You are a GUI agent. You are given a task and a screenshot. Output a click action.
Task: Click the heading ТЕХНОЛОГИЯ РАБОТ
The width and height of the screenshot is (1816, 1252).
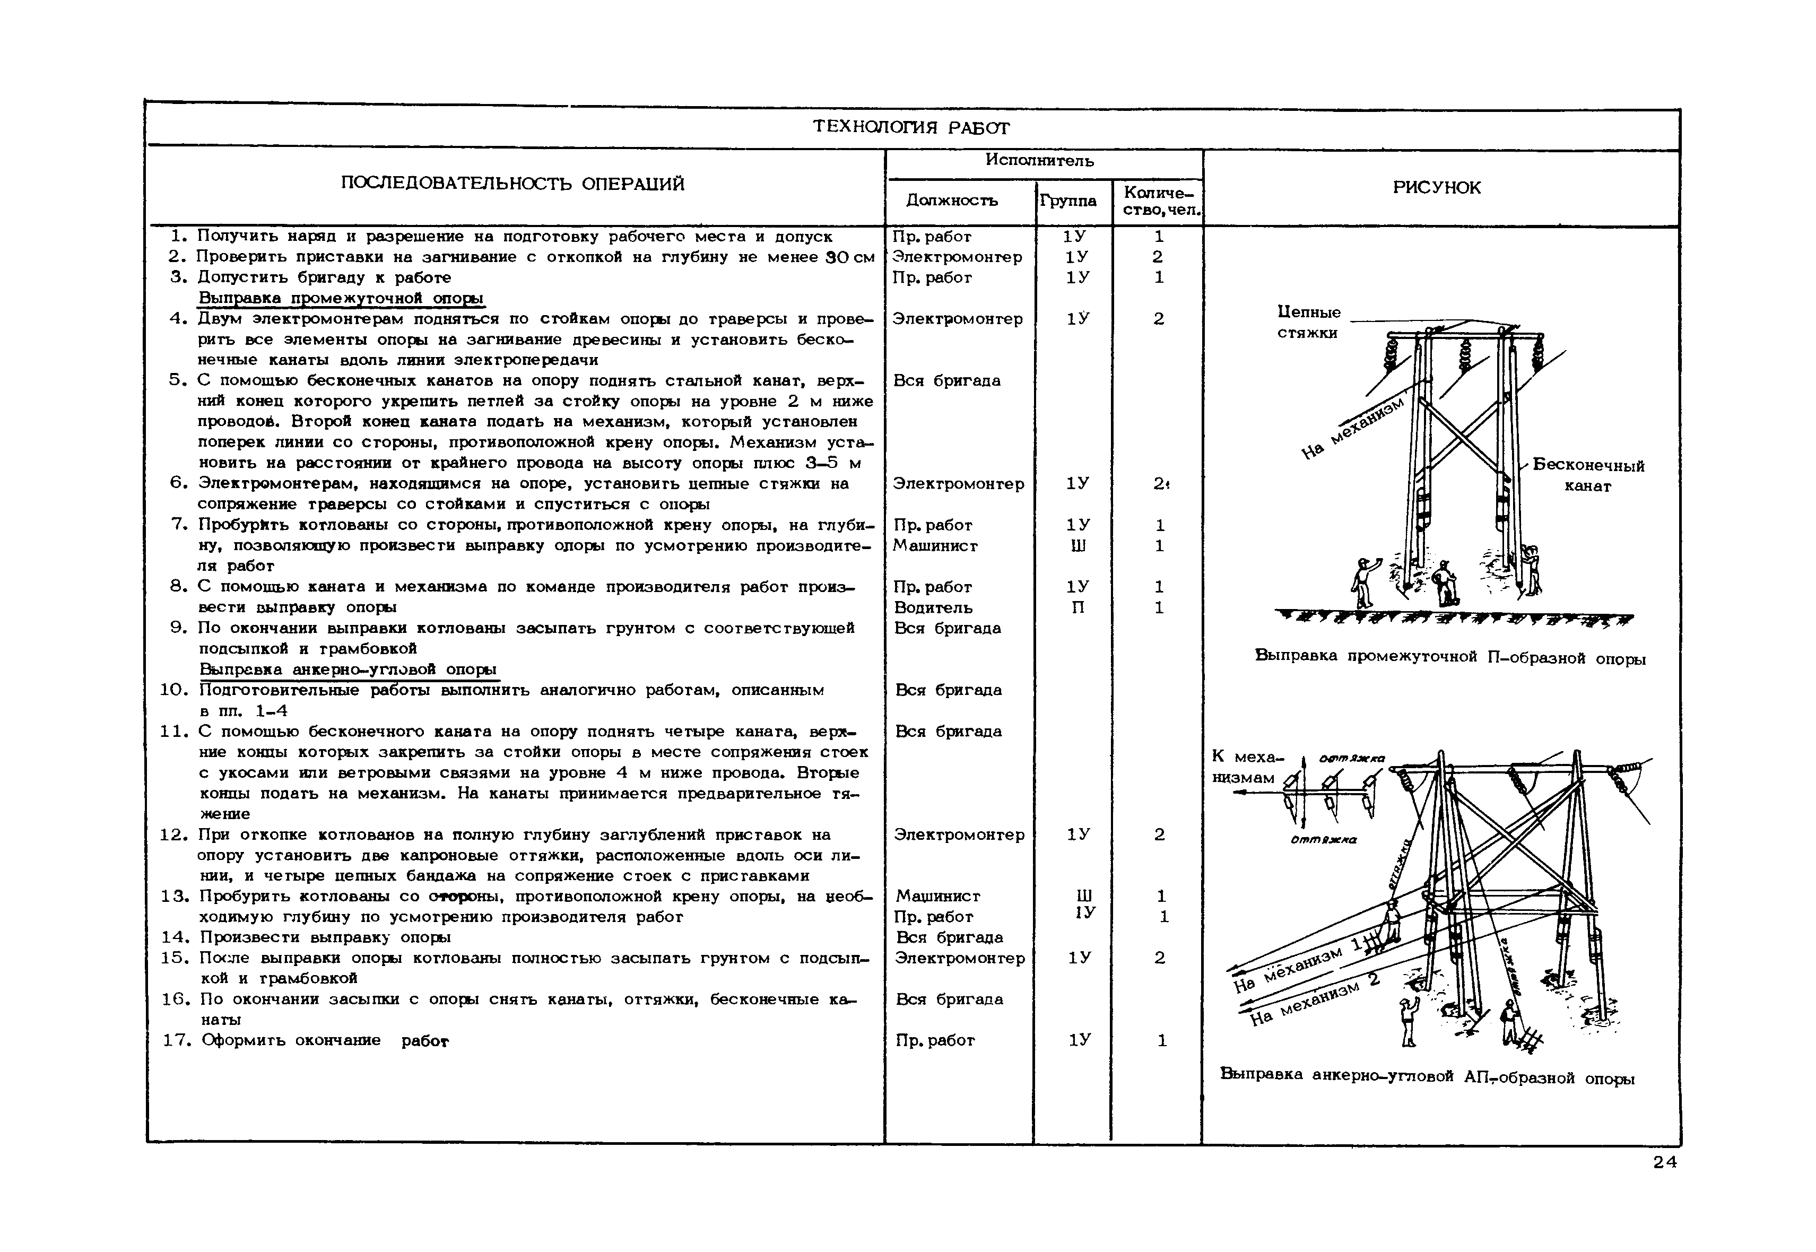tap(910, 127)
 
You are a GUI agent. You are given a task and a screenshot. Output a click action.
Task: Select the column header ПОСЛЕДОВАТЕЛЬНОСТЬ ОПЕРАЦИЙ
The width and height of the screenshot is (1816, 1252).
tap(512, 184)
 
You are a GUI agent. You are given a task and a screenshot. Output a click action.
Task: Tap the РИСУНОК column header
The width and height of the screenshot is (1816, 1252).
tap(1436, 187)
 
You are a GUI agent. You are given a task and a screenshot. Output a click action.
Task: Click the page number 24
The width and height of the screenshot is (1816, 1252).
tap(1665, 1162)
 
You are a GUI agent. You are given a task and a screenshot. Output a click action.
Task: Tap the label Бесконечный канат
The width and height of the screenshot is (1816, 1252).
tap(1588, 475)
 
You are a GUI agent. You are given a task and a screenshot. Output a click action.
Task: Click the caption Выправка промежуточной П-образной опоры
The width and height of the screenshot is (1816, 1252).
tap(1449, 657)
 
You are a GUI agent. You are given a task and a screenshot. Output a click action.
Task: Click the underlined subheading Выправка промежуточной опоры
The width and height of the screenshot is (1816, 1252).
tap(341, 298)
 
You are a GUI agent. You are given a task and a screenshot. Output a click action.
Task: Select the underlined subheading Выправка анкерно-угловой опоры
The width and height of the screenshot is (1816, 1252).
tap(347, 669)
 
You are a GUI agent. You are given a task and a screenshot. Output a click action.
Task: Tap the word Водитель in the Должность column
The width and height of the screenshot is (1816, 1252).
tap(933, 607)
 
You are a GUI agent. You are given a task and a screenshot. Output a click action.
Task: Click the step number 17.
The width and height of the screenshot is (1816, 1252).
tap(177, 1040)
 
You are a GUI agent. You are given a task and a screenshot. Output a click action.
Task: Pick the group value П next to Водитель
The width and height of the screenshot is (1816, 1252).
tap(1078, 607)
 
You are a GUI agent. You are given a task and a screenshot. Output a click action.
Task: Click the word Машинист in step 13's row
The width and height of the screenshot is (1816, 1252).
tap(937, 896)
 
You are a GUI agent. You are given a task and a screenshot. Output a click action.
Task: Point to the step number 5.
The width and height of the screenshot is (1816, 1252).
tap(177, 380)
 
